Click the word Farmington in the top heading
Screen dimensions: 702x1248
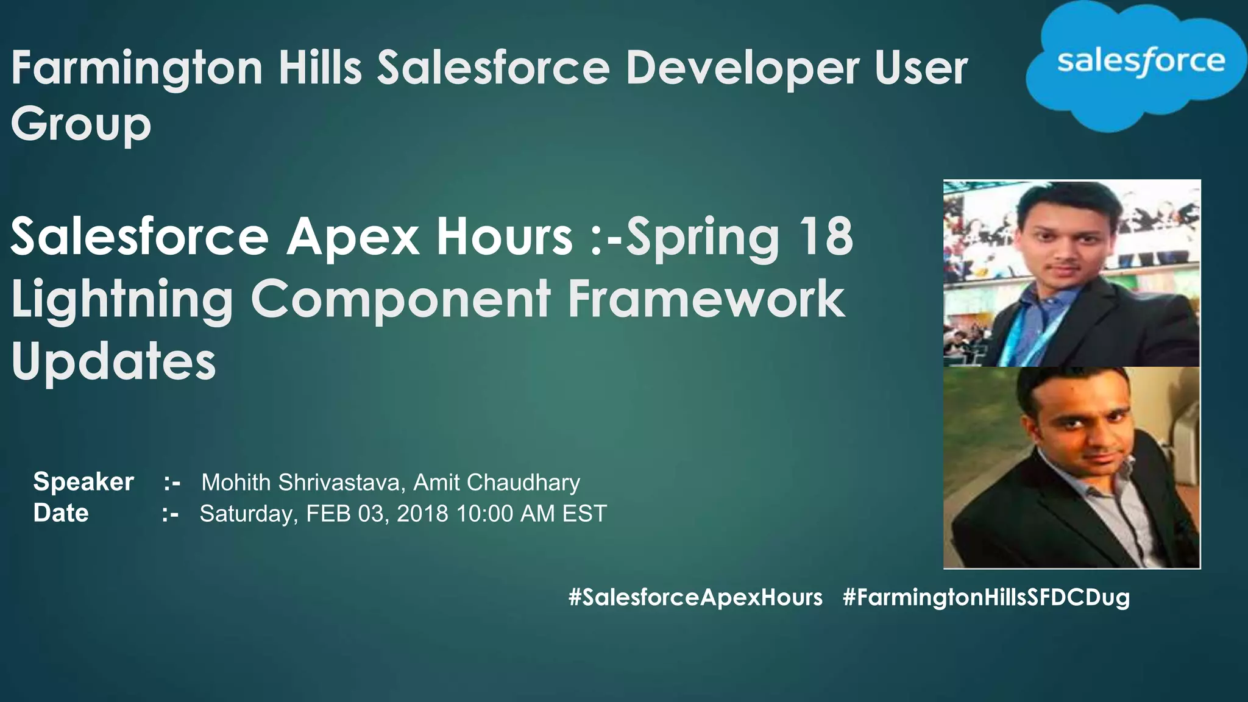pos(137,68)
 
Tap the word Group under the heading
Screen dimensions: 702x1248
pos(81,126)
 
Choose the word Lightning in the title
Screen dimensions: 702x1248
pos(122,300)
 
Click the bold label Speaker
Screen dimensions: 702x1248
pos(83,482)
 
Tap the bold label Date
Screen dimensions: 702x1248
pos(61,513)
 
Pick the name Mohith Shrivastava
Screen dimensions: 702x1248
pos(301,483)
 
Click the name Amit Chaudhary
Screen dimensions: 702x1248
pos(496,483)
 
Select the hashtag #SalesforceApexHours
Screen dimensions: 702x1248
pos(695,597)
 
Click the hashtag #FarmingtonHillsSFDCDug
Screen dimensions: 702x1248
pos(986,597)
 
